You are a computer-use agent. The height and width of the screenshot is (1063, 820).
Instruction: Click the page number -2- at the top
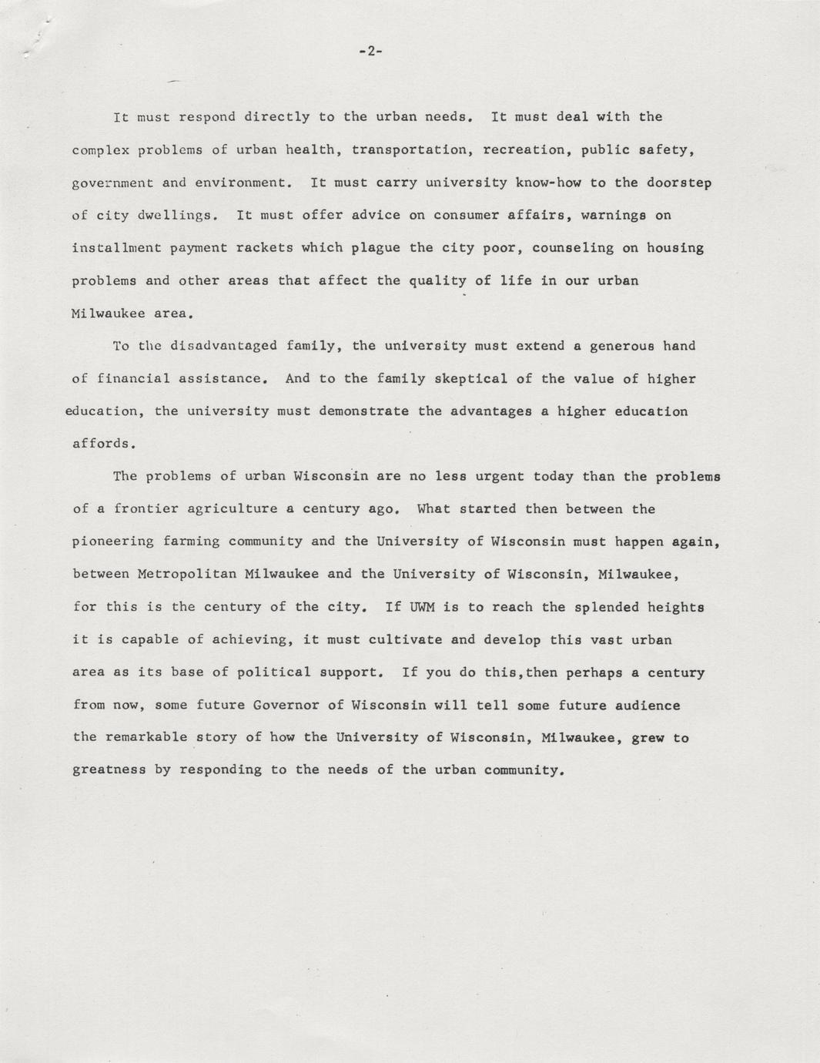[x=370, y=52]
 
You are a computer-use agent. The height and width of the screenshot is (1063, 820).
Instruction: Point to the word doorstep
[x=679, y=183]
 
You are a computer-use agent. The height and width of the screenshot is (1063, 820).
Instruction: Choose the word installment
[x=115, y=248]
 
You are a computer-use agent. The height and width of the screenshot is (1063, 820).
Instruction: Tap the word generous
[x=621, y=346]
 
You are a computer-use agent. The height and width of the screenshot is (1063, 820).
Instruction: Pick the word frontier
[x=145, y=509]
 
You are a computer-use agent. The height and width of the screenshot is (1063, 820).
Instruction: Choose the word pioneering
[x=112, y=542]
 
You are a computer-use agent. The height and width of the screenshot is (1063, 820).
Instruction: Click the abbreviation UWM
[x=422, y=607]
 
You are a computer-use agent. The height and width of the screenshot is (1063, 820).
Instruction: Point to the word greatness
[x=109, y=770]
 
